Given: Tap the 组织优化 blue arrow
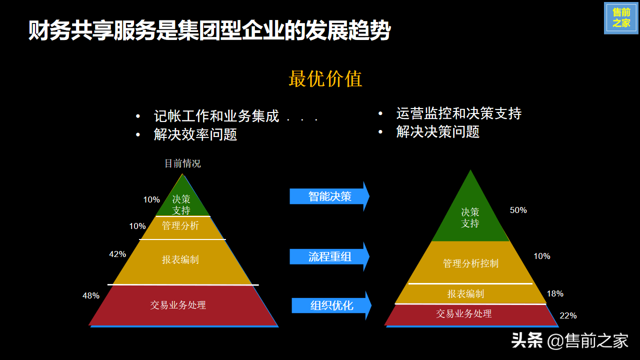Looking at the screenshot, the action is click(331, 305).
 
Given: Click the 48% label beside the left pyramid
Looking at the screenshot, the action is click(91, 295).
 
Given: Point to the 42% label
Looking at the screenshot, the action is click(117, 254).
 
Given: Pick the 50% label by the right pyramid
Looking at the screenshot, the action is click(518, 210).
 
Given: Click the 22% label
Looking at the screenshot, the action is click(568, 315).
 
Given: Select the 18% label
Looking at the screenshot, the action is click(555, 293).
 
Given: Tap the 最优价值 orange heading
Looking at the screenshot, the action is click(325, 78).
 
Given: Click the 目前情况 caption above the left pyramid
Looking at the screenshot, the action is click(182, 163).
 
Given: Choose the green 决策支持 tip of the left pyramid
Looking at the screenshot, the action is click(182, 200).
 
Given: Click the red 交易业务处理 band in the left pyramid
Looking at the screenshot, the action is click(183, 305).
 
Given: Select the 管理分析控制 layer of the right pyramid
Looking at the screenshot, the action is click(470, 262).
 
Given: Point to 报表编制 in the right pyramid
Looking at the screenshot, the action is click(465, 293).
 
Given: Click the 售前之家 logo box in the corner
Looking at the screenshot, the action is click(621, 18).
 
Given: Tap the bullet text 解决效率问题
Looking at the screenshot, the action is click(195, 134).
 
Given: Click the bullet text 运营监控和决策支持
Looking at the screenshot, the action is click(459, 113).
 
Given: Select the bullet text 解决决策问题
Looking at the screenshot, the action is click(437, 131).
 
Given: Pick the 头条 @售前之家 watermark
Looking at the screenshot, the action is click(569, 340).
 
